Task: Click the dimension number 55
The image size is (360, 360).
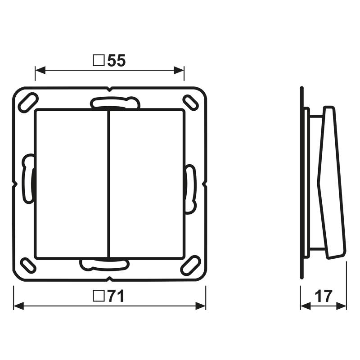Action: [x=117, y=61]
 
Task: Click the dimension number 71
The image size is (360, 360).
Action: [x=116, y=296]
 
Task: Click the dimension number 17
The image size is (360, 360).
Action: [x=324, y=296]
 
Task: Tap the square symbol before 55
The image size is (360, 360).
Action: [x=99, y=60]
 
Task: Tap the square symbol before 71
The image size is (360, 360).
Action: [x=99, y=296]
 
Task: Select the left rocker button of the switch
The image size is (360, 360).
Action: [x=71, y=184]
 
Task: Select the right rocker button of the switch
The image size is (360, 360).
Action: [x=147, y=184]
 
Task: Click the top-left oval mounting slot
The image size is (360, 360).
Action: [x=28, y=103]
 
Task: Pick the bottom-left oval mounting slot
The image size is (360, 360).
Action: [x=28, y=265]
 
